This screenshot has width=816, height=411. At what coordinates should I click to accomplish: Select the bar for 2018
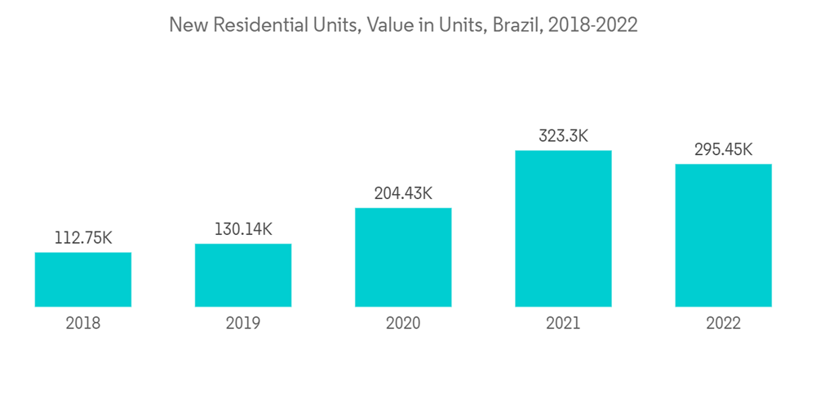point(83,280)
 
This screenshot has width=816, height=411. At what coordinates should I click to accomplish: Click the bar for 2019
point(243,276)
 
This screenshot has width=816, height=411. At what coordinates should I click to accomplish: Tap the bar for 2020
point(403,258)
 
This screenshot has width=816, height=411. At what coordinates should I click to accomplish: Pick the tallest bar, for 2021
point(563,229)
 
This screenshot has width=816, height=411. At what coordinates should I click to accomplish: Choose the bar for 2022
point(723,236)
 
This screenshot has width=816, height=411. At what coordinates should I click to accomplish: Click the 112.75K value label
point(83,238)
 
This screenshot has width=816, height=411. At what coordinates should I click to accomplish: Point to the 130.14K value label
point(243,230)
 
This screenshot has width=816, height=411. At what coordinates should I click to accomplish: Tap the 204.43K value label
point(403,194)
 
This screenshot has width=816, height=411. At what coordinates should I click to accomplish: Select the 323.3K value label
point(563,136)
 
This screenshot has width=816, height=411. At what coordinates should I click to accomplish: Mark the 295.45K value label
point(723,150)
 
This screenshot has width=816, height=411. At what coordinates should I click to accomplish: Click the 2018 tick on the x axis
point(83,324)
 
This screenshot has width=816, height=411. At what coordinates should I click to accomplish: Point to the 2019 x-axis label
point(243,324)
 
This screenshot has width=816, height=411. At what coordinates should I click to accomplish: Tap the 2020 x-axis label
point(403,324)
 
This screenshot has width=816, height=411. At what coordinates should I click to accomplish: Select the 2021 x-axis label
point(563,324)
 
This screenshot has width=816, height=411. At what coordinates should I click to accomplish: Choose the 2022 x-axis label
point(723,324)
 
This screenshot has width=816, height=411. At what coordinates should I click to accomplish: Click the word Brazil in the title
point(515,25)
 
